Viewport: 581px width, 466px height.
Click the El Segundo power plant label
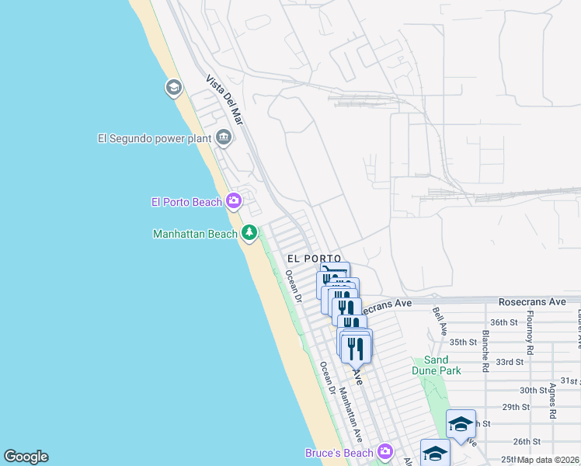tap(154, 138)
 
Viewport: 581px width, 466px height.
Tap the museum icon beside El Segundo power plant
tap(224, 138)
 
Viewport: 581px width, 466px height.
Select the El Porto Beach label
tap(186, 202)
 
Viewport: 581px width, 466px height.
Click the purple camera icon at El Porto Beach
tap(234, 202)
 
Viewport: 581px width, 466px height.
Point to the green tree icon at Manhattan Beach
tap(249, 232)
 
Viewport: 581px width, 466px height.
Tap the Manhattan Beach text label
tap(195, 233)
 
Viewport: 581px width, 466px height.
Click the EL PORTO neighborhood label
tap(314, 257)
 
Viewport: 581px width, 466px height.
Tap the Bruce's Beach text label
tap(339, 452)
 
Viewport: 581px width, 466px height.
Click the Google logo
tap(26, 457)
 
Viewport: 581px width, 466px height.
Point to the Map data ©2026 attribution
tap(549, 460)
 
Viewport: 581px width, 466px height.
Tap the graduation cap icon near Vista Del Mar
tap(173, 87)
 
